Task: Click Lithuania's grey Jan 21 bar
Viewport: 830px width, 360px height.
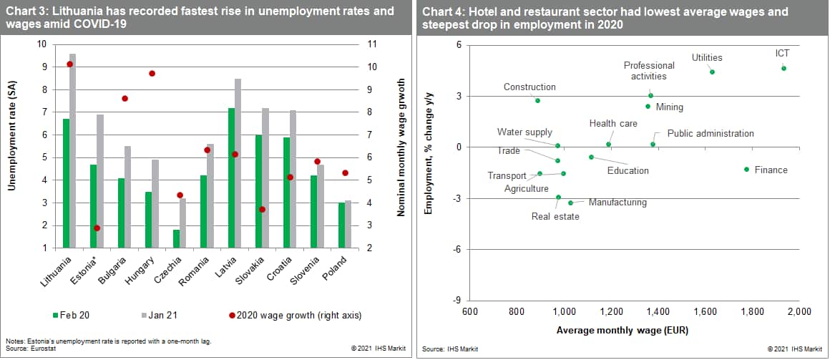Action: pos(73,151)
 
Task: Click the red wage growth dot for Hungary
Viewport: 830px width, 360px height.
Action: pos(152,74)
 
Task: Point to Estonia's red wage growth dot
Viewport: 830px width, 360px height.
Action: pos(97,228)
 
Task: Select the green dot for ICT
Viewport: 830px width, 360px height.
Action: pos(783,68)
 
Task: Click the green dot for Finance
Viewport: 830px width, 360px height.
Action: pos(746,170)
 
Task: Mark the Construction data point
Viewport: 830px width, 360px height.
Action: pos(537,101)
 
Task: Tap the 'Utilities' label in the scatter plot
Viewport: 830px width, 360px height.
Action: pos(707,58)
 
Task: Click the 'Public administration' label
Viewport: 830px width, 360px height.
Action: pos(711,133)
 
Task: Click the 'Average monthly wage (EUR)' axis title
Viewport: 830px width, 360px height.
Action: pos(622,330)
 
